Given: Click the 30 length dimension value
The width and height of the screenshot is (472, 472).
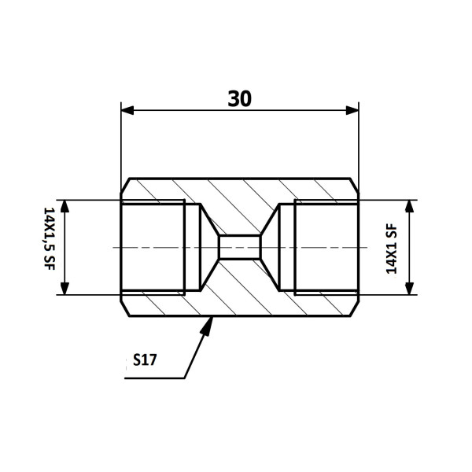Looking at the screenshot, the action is click(x=239, y=99).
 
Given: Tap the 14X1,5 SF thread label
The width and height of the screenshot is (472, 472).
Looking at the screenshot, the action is click(x=50, y=238).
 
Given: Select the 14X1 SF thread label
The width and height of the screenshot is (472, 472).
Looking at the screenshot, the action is click(x=391, y=249).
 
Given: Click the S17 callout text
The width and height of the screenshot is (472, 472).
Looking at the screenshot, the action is click(x=145, y=360).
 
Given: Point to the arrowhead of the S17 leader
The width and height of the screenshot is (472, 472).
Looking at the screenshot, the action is click(x=208, y=326).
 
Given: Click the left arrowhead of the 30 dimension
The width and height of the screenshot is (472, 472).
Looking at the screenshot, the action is click(x=127, y=110).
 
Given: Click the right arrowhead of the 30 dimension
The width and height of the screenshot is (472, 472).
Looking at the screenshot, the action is click(x=352, y=110).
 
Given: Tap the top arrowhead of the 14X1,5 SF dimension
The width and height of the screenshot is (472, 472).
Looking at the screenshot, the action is click(x=65, y=206).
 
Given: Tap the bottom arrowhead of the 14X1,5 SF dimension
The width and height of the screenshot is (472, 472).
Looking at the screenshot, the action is click(x=65, y=289).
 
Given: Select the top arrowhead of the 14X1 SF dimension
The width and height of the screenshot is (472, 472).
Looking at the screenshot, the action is click(x=409, y=206).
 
